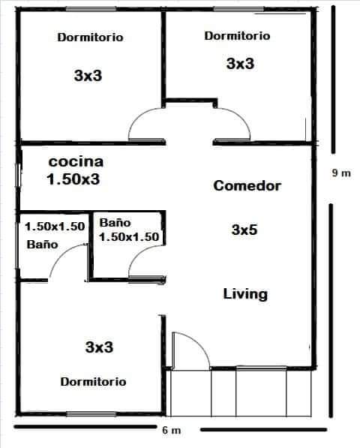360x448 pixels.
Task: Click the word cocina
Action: (76, 161)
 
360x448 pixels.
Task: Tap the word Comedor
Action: (247, 185)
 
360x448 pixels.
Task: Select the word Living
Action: (245, 294)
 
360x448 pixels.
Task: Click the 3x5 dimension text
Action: (244, 230)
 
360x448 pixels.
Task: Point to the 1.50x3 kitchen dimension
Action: (73, 179)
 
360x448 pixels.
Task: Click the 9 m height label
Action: (341, 173)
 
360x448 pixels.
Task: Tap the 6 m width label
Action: (171, 430)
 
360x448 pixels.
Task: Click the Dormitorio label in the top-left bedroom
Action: (90, 38)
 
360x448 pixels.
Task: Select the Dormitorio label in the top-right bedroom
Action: (237, 36)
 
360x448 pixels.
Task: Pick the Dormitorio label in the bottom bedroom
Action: (93, 382)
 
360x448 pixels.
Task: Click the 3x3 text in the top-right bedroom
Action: (240, 64)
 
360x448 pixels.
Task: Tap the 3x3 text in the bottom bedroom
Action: (99, 347)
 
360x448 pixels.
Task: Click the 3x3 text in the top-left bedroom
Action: (88, 76)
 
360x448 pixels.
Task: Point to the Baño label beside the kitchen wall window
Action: (42, 245)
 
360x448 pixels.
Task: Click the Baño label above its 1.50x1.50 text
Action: (115, 223)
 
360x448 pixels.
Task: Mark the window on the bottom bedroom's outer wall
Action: (91, 413)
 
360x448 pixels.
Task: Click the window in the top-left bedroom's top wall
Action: (91, 10)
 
